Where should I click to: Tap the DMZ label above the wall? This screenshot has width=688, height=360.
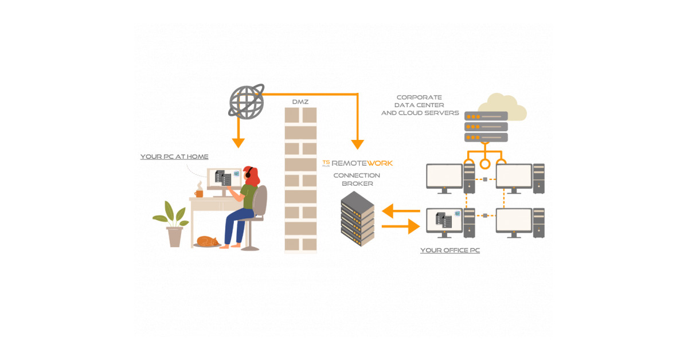point(301,101)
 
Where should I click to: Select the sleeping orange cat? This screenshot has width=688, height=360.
point(207,241)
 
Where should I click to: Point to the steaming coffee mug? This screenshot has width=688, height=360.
point(199,193)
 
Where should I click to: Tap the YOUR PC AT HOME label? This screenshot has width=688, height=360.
point(174,156)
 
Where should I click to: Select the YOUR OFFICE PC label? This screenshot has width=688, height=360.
point(449,251)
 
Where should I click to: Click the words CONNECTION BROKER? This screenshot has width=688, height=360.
point(357,179)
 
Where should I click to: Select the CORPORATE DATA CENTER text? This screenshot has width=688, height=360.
point(420,105)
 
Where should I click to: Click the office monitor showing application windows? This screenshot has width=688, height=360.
point(444,221)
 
